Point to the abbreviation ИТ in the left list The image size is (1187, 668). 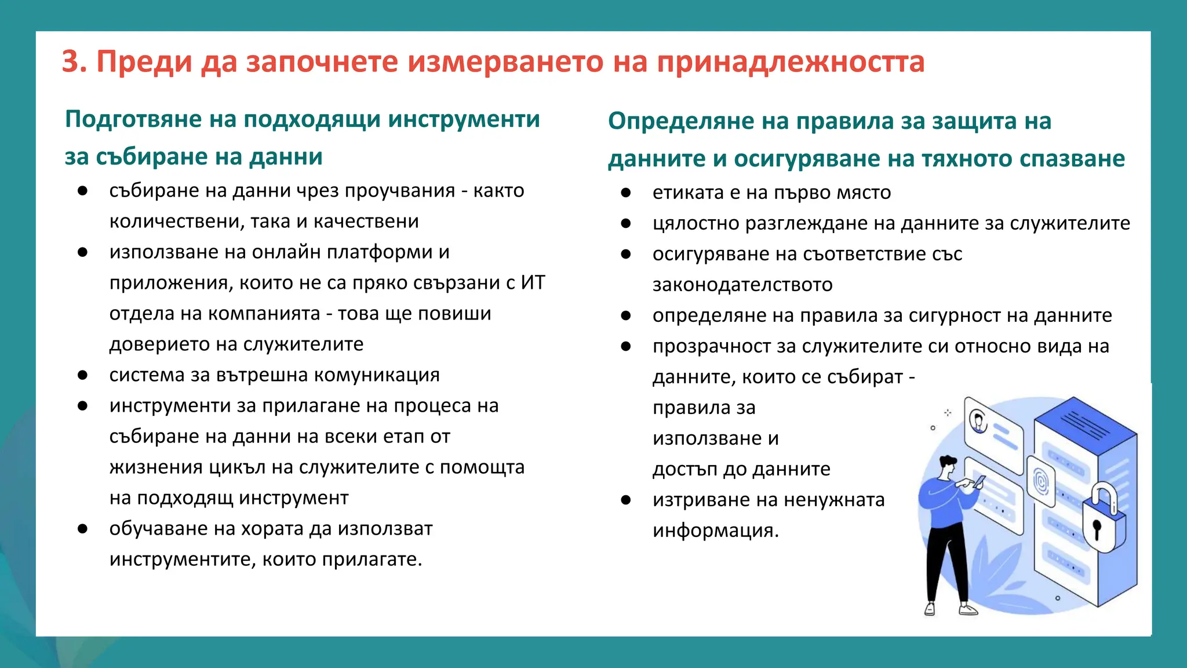pos(533,283)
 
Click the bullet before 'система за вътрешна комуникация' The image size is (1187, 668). pos(83,376)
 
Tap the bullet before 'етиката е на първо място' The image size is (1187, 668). pos(626,193)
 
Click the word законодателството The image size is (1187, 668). pos(742,285)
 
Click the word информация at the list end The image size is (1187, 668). pos(715,531)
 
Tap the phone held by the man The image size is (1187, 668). pos(980,481)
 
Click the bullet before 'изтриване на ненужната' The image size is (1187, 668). pos(626,500)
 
